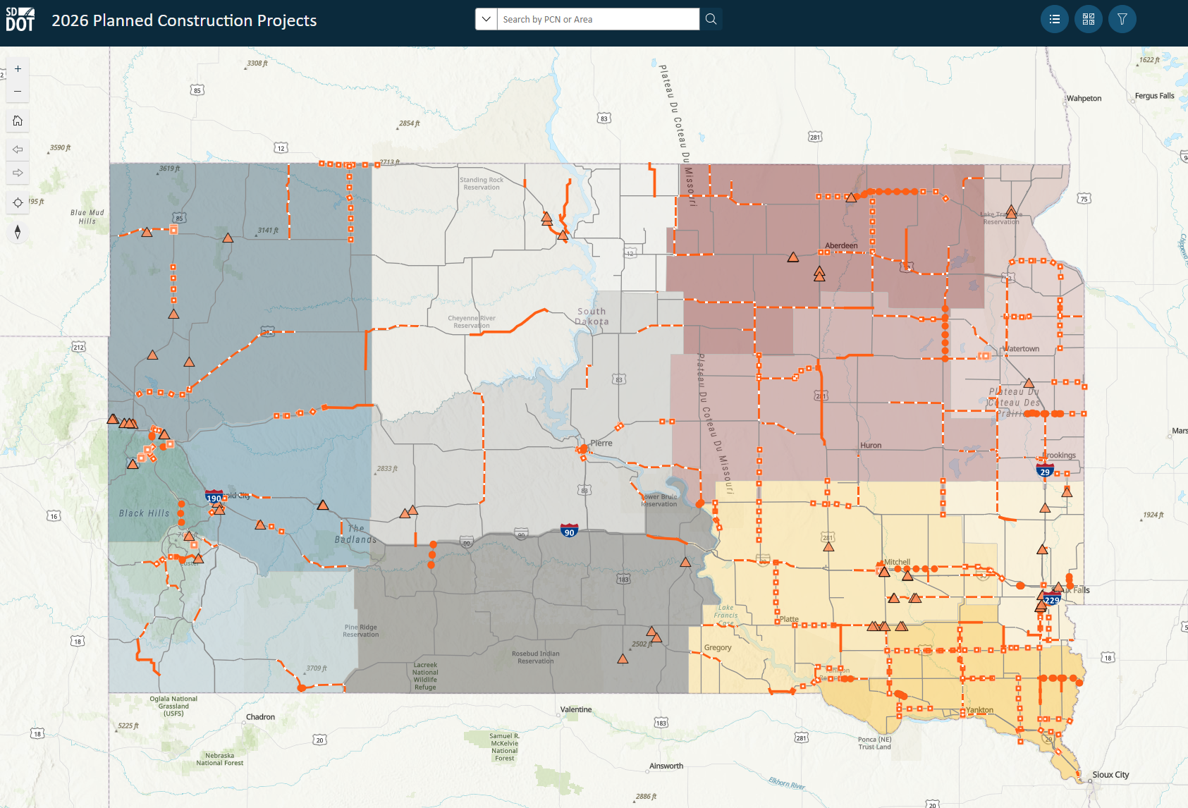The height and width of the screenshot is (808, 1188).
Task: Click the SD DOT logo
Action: (x=20, y=19)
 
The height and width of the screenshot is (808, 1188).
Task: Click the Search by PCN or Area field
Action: (x=598, y=19)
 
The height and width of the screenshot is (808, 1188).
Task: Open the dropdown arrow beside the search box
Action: (x=486, y=19)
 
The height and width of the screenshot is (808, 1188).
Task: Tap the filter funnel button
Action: (x=1122, y=19)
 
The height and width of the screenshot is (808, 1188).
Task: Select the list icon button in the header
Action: (x=1054, y=19)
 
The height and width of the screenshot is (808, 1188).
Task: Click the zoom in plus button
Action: (x=18, y=69)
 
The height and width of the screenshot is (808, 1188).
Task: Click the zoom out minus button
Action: (x=18, y=92)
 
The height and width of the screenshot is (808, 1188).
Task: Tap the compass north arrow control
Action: (x=18, y=232)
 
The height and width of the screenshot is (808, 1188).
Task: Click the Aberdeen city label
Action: (x=841, y=246)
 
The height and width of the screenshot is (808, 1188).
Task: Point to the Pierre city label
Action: (x=601, y=443)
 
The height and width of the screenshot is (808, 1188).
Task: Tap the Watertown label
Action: (x=1021, y=349)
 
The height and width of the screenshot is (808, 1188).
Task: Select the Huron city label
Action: (x=871, y=446)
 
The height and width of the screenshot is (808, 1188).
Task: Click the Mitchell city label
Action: (x=897, y=562)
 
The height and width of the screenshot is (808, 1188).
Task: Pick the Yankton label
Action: (x=979, y=710)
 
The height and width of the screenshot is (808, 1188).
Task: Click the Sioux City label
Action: (x=1110, y=775)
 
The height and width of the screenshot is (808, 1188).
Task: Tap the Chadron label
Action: (x=260, y=717)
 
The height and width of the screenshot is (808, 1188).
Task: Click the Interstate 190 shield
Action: (x=214, y=498)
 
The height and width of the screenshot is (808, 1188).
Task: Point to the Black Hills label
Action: (x=144, y=513)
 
